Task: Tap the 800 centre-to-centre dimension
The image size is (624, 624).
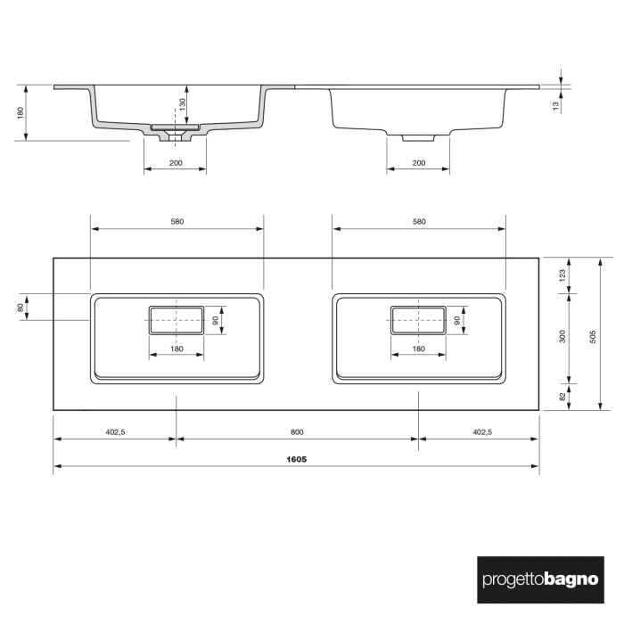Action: click(x=297, y=432)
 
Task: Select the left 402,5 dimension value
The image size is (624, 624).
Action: click(x=115, y=432)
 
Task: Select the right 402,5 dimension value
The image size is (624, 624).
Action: click(x=481, y=432)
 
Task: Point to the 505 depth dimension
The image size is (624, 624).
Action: click(x=594, y=334)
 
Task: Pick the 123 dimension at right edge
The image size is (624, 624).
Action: click(x=562, y=275)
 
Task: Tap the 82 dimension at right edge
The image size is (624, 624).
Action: click(x=562, y=397)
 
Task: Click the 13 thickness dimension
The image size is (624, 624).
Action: click(x=555, y=105)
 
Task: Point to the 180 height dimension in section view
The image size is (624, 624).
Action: click(x=19, y=113)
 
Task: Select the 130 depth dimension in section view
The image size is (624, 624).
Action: click(x=183, y=104)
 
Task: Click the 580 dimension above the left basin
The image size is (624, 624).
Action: click(x=177, y=222)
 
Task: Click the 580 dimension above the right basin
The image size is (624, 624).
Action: click(x=419, y=222)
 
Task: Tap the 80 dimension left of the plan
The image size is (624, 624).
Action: click(x=19, y=308)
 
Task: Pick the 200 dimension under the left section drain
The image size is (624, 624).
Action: click(x=175, y=163)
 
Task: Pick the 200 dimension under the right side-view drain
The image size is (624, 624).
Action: click(x=418, y=163)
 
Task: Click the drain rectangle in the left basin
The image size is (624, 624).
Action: click(x=177, y=319)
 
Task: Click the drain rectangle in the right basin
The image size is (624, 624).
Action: click(x=417, y=319)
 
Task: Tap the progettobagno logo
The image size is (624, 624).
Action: click(x=540, y=579)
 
